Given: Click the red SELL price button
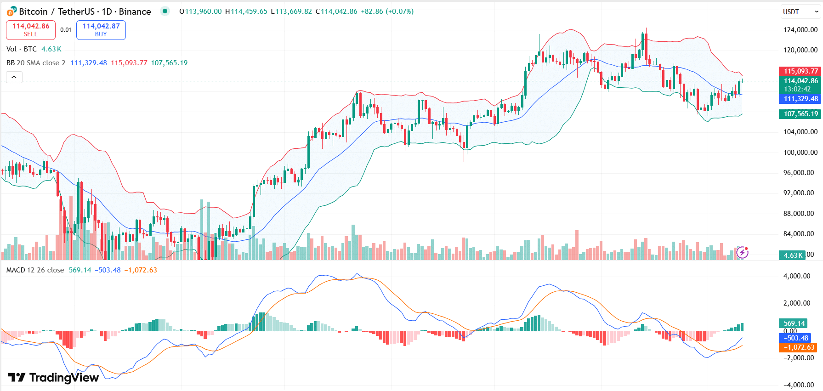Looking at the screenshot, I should tap(31, 30).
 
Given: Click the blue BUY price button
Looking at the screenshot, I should tap(101, 30).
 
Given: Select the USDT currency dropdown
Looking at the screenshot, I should tap(800, 12).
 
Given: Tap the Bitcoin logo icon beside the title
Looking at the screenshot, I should tap(11, 11).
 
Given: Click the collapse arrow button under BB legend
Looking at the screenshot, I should tap(14, 77).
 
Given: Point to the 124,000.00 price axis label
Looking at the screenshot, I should tap(800, 30).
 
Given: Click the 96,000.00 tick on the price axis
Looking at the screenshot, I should tap(800, 173).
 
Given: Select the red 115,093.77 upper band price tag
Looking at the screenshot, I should tap(800, 71).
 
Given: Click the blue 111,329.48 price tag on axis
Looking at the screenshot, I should tap(800, 99).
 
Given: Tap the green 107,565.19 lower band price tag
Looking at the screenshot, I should tap(800, 114).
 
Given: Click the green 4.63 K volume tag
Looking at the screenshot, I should tap(792, 255).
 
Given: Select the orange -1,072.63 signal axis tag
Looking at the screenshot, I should tap(799, 347).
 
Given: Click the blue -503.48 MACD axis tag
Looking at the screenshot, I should tap(795, 338).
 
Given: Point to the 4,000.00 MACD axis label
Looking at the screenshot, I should tap(800, 276).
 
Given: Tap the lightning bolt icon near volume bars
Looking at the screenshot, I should tap(742, 252).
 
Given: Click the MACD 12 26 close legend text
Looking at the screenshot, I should tap(35, 270).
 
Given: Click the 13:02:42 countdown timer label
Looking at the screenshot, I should tap(797, 89).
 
